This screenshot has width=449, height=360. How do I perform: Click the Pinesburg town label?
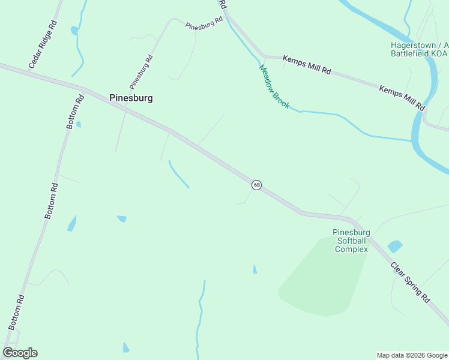tap(131, 98)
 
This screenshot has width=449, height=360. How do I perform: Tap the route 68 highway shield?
tap(257, 185)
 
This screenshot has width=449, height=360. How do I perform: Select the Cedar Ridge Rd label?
tap(43, 44)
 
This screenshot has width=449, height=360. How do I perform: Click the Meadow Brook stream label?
tap(274, 87)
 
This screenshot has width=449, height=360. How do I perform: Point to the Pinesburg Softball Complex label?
tap(351, 241)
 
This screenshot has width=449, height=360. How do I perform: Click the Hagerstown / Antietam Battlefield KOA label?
tap(419, 49)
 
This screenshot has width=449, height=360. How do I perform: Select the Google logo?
tap(20, 353)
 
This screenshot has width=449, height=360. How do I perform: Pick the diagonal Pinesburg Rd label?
tap(142, 72)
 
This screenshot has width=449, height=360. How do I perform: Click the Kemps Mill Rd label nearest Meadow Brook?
tap(307, 65)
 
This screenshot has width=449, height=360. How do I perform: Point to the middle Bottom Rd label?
tap(53, 200)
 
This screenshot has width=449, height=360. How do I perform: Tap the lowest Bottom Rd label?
tap(16, 311)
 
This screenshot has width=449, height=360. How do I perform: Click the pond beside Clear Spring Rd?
tap(394, 246)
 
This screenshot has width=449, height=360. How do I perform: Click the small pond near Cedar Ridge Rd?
tap(74, 30)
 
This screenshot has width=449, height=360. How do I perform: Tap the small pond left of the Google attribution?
tap(125, 347)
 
